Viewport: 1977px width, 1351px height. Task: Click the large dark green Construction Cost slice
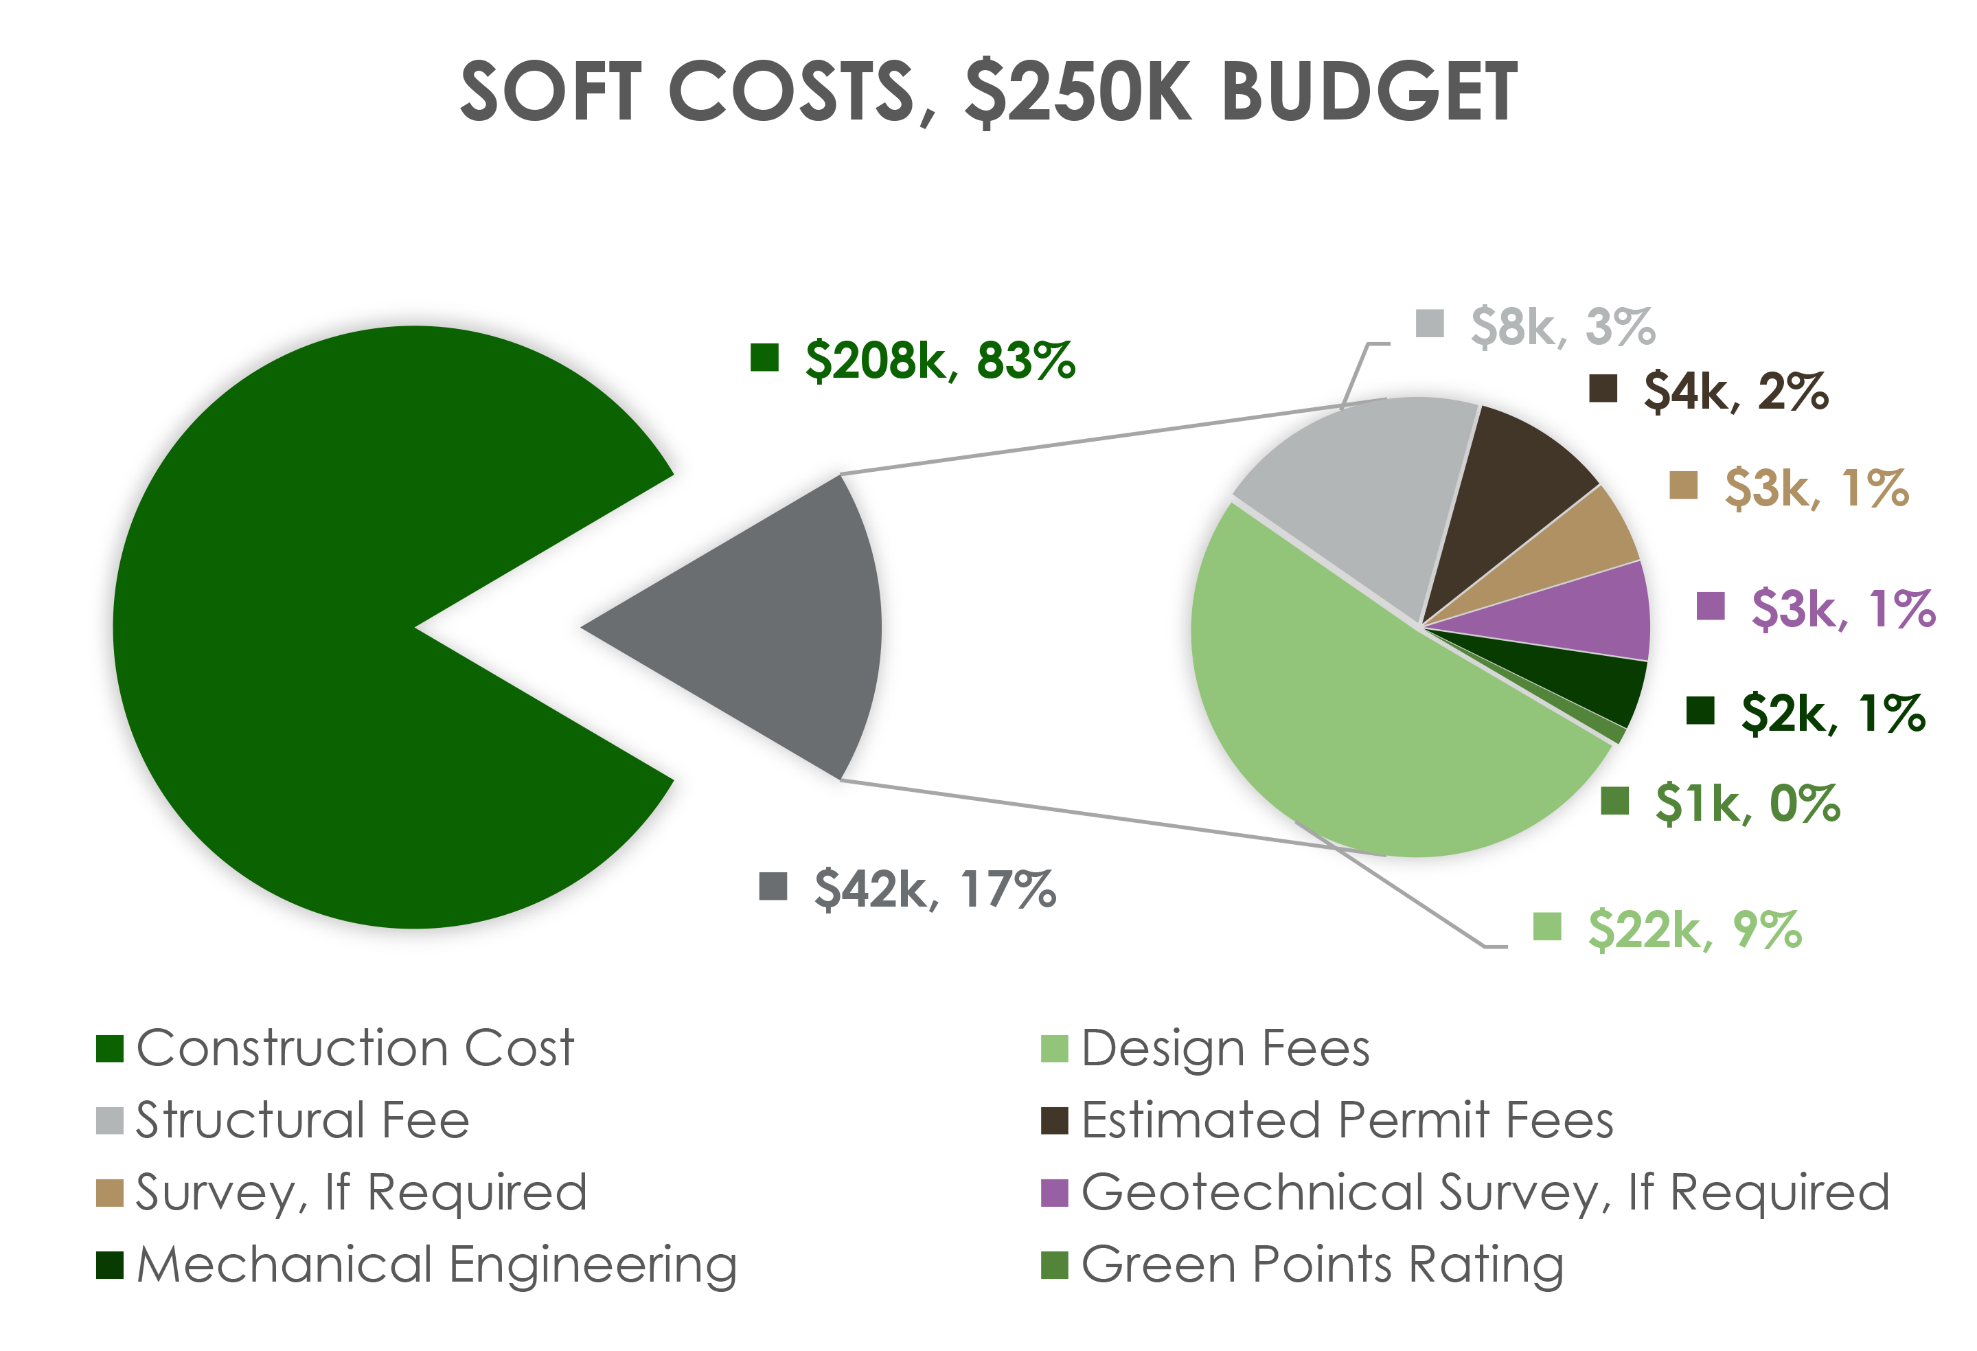pos(298,630)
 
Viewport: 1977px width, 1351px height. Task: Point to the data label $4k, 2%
pos(1735,391)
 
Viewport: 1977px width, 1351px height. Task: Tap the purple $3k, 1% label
pos(1842,609)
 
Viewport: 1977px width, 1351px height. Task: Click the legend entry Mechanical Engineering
pos(435,1264)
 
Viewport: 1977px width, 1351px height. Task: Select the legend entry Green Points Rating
pos(1321,1264)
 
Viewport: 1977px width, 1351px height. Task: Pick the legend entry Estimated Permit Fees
pos(1347,1120)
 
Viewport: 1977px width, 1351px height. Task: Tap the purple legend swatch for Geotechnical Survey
pos(1054,1193)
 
